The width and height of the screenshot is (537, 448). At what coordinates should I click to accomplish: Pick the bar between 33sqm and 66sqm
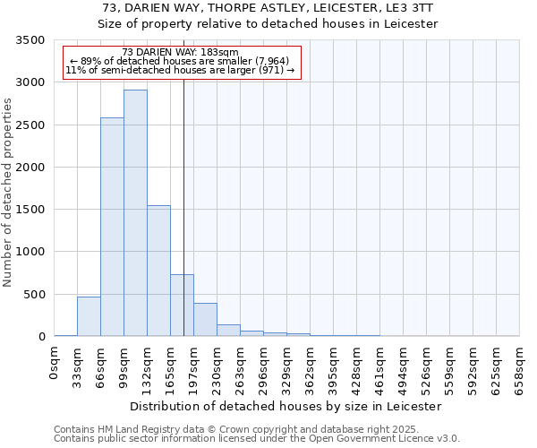point(89,316)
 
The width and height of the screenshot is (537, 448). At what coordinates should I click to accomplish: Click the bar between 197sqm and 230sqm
point(205,320)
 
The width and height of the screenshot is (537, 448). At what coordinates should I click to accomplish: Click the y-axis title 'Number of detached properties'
point(8,193)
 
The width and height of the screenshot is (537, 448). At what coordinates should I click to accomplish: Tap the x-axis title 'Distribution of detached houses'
point(286,407)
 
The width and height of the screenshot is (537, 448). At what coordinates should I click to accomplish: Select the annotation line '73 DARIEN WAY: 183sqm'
point(179,53)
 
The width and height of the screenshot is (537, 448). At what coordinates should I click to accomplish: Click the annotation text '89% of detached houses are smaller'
point(179,61)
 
